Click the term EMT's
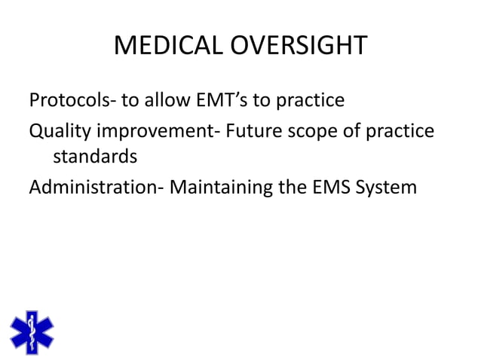(x=218, y=100)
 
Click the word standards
(x=95, y=157)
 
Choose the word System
(x=391, y=187)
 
